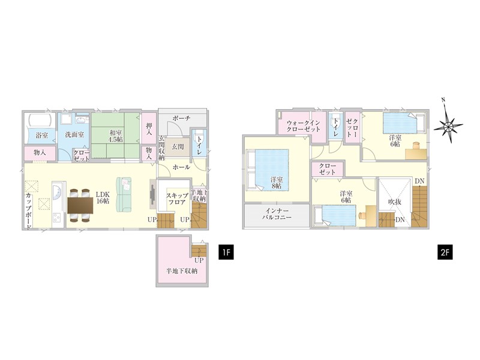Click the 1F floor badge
226,252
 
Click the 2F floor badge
445,252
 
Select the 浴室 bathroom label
41,135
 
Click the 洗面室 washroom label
74,134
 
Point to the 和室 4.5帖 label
116,136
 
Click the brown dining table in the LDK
80,205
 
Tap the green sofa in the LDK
124,194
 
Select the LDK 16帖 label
103,198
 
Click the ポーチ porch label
181,118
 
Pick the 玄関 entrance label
178,146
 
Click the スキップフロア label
177,199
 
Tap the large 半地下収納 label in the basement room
182,271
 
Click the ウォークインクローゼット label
303,126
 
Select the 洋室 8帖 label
277,183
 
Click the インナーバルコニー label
277,214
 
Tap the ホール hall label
181,167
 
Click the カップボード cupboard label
28,212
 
